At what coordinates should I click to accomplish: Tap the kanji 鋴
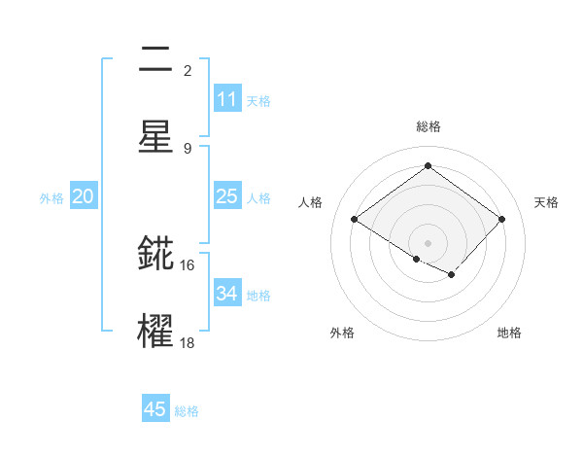pos(155,255)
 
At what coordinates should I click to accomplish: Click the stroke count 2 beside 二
pos(188,70)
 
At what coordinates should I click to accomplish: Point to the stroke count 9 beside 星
pos(188,148)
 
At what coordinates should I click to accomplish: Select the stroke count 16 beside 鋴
pos(188,264)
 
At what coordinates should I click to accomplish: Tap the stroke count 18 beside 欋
pos(188,342)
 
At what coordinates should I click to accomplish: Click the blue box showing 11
pos(227,99)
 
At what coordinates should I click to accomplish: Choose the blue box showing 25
pos(227,196)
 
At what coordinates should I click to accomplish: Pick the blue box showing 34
pos(227,294)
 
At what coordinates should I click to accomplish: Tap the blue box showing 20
pos(84,196)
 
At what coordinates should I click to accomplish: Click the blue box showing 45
pos(155,409)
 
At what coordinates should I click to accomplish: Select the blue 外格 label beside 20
pos(51,198)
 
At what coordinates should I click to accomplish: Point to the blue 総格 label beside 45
pos(187,411)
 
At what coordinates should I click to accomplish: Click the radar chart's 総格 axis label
pos(428,126)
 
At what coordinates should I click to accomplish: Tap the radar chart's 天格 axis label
pos(546,202)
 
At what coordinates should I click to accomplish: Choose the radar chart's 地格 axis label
pos(509,333)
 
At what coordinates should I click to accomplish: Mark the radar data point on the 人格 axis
pos(355,220)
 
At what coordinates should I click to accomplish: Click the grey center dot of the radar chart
pos(428,241)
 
